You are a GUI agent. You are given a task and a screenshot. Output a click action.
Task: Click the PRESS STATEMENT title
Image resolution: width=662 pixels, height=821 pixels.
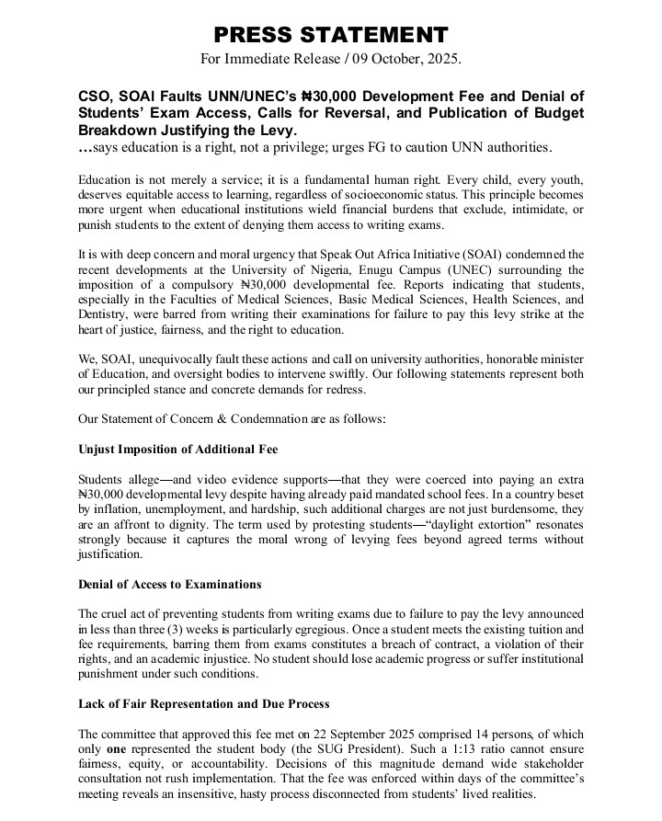coord(331,35)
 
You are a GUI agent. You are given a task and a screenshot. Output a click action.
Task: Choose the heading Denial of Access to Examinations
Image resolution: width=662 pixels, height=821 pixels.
coord(170,584)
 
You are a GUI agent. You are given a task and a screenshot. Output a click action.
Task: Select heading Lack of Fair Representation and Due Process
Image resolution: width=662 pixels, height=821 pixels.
coord(204,703)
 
